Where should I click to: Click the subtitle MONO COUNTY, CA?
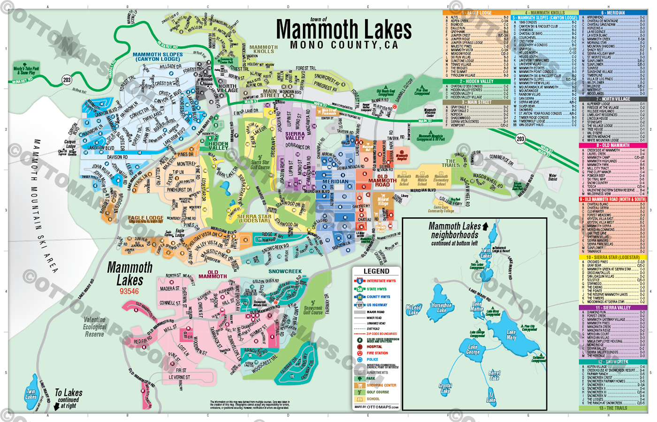click(x=344, y=45)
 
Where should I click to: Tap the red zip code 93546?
click(x=129, y=291)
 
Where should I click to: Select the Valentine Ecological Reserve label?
click(x=94, y=327)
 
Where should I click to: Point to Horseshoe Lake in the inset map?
click(x=441, y=308)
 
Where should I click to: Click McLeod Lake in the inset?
click(x=413, y=309)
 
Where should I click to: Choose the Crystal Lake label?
click(x=445, y=388)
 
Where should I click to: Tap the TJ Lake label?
click(x=491, y=397)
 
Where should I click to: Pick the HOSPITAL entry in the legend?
click(x=374, y=347)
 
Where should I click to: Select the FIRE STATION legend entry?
click(x=377, y=353)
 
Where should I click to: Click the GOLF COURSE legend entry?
click(x=377, y=392)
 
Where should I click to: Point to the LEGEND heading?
click(x=376, y=271)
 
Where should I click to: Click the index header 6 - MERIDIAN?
click(x=613, y=13)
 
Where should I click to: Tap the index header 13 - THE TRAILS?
click(x=613, y=408)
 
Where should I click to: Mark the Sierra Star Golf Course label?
click(x=260, y=165)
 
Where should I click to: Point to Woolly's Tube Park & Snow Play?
click(x=26, y=70)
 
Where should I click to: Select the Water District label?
click(x=553, y=177)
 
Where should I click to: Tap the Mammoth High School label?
click(x=404, y=180)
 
